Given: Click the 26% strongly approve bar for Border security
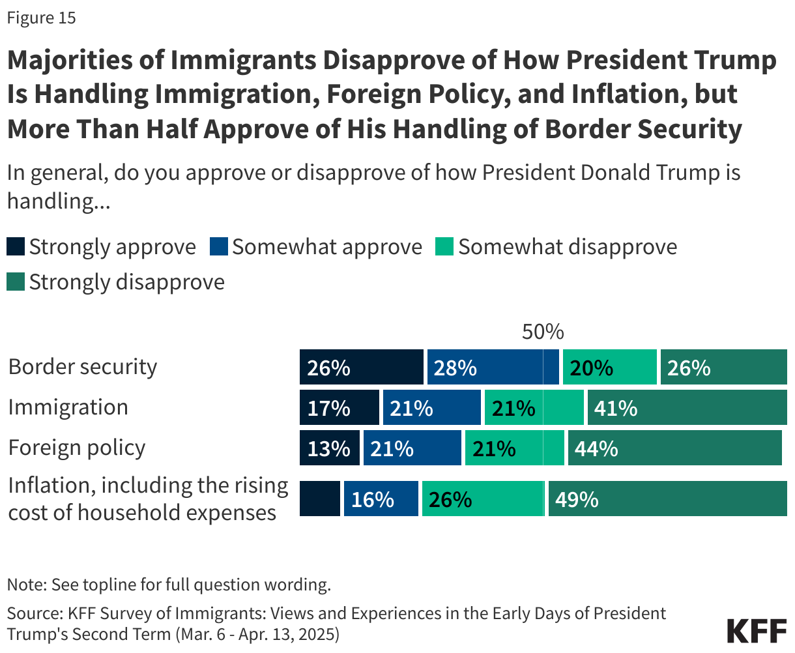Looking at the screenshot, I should pos(361,367).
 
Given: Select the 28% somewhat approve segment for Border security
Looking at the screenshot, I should pos(493,367).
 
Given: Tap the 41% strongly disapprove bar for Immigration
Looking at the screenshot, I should pos(687,408).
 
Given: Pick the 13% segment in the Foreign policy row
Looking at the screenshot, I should pos(329,448).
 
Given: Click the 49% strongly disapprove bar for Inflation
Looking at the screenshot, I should pos(667,499).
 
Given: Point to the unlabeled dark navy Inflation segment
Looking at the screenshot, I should pos(319,499).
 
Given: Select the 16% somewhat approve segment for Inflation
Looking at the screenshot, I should pos(381,499).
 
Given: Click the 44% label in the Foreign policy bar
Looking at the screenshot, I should pos(596,449).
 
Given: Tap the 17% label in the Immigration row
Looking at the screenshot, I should pos(328,409).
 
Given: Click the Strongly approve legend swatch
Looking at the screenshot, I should pos(16,247).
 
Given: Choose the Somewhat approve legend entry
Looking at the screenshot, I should pos(317,247).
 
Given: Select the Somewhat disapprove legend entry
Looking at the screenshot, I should pos(557,247).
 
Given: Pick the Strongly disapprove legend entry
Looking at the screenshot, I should pos(116,282).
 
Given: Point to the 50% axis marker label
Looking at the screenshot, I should pos(542,332).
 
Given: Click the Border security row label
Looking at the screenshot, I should pos(83,367).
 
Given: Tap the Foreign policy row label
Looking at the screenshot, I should pos(77,448).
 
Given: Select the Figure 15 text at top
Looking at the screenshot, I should pos(41,18).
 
